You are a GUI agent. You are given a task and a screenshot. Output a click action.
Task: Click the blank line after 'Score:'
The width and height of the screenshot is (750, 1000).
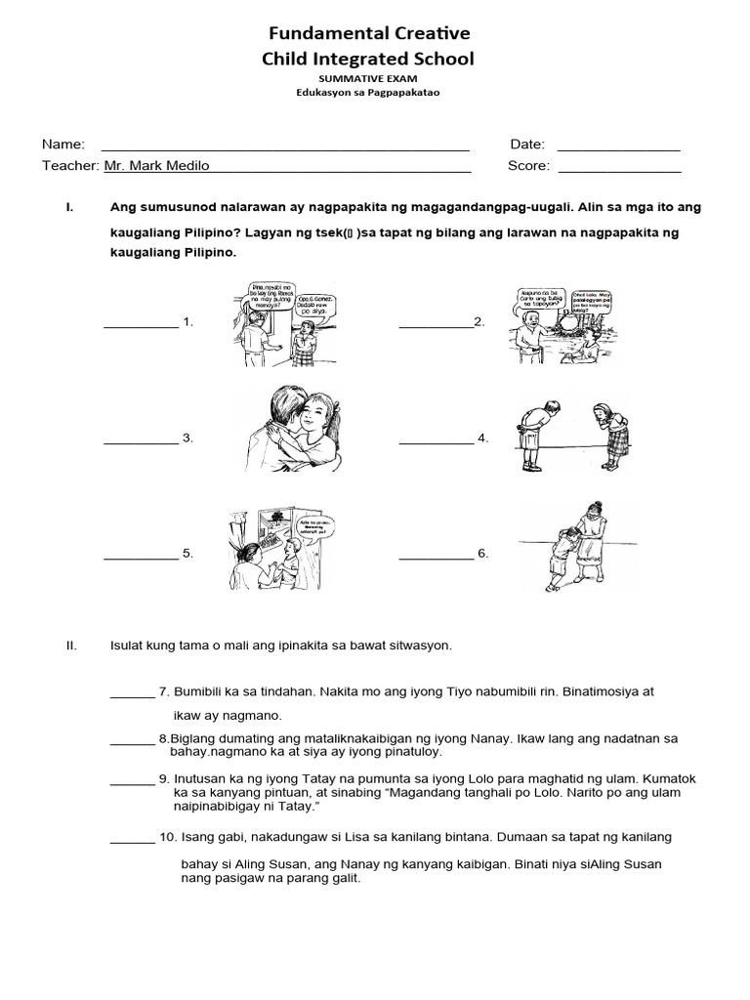(x=618, y=171)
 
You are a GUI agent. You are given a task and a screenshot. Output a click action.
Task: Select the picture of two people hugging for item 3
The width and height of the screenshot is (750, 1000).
(x=292, y=433)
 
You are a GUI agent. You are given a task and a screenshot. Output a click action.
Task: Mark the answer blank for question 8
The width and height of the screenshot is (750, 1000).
(x=132, y=742)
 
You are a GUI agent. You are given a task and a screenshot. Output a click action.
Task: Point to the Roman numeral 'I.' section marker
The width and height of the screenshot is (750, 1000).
(x=68, y=208)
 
